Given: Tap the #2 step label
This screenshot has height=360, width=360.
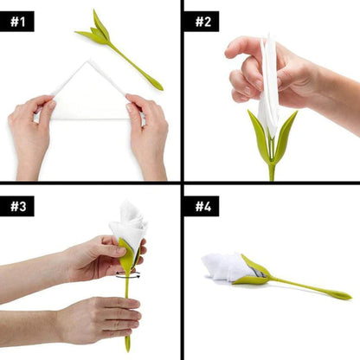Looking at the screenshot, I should tap(202, 20).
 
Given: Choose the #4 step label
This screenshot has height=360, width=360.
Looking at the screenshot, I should tap(202, 207).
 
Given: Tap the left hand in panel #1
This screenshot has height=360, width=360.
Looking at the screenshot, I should tap(31, 130).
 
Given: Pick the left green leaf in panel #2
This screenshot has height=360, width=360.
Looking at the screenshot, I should tap(258, 134).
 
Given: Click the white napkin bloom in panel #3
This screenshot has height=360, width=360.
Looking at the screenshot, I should tap(128, 222).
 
